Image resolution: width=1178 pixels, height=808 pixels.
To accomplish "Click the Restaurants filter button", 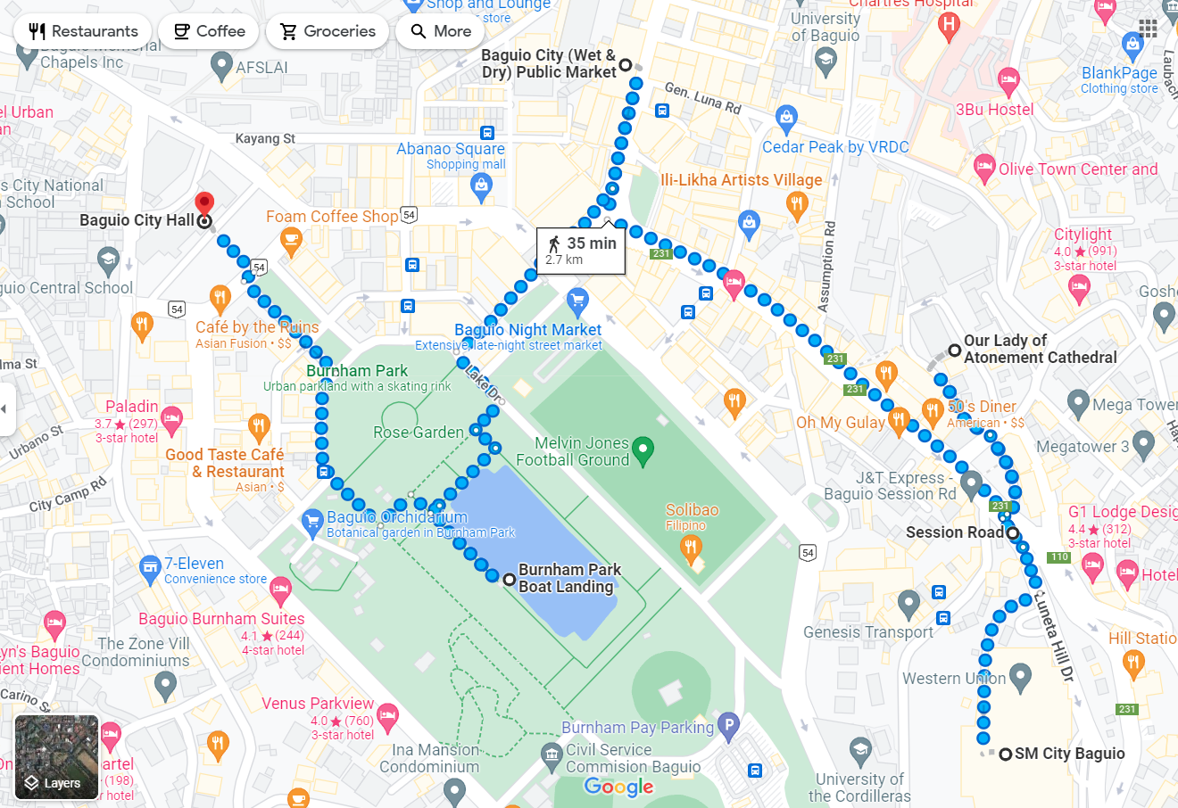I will point(83,31).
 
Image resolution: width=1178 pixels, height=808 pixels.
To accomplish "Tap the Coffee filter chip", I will point(209,31).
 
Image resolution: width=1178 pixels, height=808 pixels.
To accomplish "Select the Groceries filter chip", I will point(328,31).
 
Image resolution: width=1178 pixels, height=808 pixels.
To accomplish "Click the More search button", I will point(441,31).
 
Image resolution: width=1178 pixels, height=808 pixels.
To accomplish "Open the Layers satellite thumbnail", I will point(56,757).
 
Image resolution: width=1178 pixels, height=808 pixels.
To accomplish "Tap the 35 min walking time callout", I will point(581,251).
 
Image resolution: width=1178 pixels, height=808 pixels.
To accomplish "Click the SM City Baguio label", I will point(1069,754).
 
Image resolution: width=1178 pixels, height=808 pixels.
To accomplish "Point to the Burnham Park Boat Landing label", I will point(569,578).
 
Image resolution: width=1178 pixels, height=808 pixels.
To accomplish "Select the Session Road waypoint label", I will point(954,532).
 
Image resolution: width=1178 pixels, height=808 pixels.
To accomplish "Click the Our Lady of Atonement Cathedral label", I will point(1040,349).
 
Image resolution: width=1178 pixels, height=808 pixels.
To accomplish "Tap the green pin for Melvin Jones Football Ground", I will point(643,450).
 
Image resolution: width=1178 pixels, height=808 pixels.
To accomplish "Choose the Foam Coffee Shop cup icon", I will point(290,238).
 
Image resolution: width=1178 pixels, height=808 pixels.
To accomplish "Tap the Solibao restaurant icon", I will point(690,547).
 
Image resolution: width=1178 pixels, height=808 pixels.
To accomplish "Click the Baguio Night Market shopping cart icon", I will point(577,300).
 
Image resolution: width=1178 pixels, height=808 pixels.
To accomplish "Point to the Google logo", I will point(618,787).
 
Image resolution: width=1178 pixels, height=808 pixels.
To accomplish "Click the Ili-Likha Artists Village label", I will point(741,180).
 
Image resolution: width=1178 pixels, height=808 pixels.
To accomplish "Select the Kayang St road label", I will point(265,139).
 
